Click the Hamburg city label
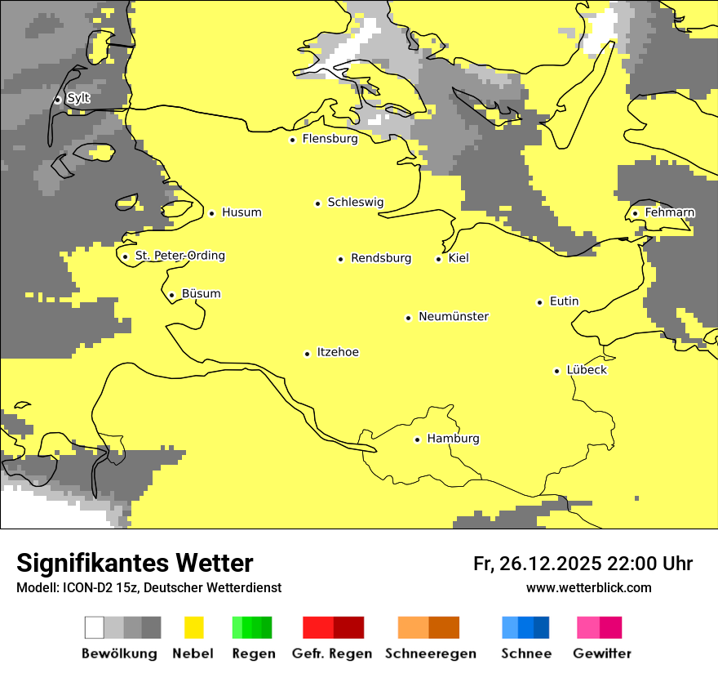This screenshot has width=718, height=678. coord(453,439)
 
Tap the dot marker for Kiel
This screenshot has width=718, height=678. coord(438,259)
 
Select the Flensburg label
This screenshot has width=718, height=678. coord(330,139)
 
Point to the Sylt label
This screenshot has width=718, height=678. coord(78,98)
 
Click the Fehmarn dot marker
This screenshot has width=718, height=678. coord(635,213)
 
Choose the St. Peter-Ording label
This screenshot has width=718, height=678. coord(179,256)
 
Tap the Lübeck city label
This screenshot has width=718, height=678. coord(587,370)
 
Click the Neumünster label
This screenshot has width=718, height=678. coord(454,316)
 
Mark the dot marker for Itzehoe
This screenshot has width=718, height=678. coord(307,354)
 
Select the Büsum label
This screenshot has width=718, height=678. coord(201,294)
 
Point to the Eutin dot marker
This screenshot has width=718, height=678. coord(539,302)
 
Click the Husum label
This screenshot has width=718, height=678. coord(242,212)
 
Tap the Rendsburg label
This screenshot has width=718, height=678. coord(381,258)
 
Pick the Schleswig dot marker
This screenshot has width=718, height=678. coord(317,203)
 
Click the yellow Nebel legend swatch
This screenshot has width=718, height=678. coord(194,627)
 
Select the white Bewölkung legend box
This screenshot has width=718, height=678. coord(94,627)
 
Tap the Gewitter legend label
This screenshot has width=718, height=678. coord(601,653)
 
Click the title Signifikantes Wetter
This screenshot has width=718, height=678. coord(135,563)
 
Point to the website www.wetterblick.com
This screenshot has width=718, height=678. coord(588,587)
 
